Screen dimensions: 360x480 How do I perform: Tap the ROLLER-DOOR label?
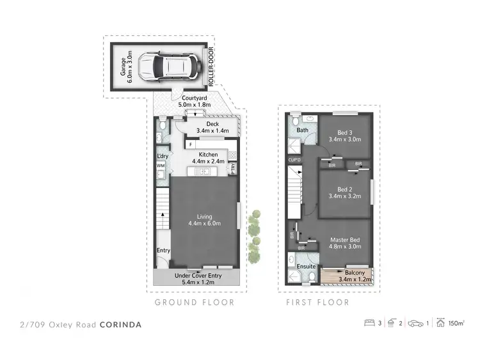tap(211, 66)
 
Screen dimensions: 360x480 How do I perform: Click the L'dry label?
tap(162, 155)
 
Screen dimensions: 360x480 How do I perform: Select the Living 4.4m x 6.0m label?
tap(204, 220)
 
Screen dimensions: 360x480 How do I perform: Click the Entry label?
tap(163, 250)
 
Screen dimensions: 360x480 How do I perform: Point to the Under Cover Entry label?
tap(198, 279)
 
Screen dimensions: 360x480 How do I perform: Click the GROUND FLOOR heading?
tap(195, 302)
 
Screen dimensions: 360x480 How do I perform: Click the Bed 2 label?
tap(344, 193)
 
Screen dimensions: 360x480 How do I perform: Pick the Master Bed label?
tap(345, 244)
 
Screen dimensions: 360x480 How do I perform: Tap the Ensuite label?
tap(305, 265)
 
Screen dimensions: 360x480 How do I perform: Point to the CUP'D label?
tap(294, 159)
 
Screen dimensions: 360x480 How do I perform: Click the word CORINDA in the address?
tap(121, 325)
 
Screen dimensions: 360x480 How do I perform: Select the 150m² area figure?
tap(456, 324)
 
